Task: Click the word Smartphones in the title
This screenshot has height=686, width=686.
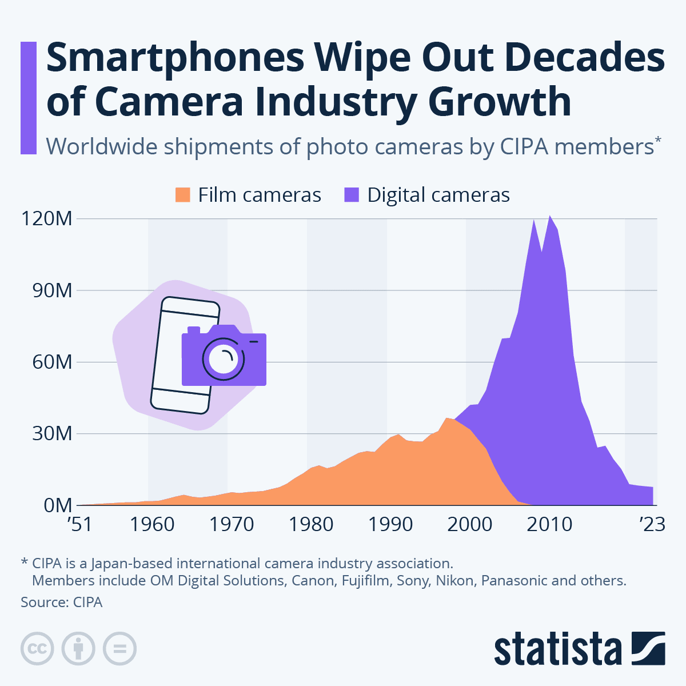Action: click(174, 58)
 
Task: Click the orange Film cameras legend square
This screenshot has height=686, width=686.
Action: click(182, 195)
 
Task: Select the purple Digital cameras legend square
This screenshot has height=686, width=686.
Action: click(352, 195)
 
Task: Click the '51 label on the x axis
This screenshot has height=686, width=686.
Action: click(79, 524)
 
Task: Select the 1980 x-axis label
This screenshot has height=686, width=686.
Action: click(310, 524)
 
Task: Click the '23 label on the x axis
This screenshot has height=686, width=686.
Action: click(652, 524)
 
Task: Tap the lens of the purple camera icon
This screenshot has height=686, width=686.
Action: click(224, 358)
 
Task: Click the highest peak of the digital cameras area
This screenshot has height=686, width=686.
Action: click(550, 217)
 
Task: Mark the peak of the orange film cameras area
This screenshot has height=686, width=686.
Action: click(448, 419)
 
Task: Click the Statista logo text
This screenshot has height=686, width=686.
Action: click(557, 649)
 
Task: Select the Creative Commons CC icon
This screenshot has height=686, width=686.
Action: click(37, 649)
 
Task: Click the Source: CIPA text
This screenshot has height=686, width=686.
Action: click(61, 602)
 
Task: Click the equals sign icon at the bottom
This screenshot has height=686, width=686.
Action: click(119, 649)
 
